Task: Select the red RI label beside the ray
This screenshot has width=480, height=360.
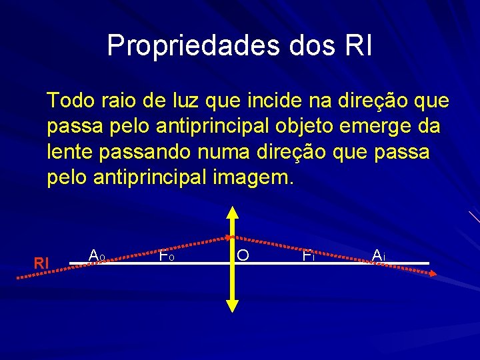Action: pos(41,263)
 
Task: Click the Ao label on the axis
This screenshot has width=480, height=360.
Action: pos(97,255)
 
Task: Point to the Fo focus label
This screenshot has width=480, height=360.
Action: pos(167,255)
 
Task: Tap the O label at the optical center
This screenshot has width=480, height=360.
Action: pos(243,255)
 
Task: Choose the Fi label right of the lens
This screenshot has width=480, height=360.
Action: pos(308,255)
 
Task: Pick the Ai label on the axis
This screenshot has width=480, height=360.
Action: pos(379,255)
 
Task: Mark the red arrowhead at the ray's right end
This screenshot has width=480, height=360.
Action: pos(432,273)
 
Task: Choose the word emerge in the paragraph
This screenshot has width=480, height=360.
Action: pos(377,127)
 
